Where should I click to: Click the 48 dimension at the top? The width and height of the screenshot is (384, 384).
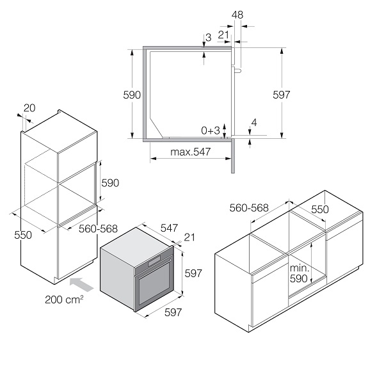pyautogui.click(x=237, y=15)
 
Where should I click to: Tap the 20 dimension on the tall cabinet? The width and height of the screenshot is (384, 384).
pyautogui.click(x=29, y=108)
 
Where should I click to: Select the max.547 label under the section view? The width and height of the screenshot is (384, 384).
pyautogui.click(x=191, y=152)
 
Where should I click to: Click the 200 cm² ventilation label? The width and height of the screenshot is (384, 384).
pyautogui.click(x=64, y=300)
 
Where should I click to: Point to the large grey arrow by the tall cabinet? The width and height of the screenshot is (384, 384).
pyautogui.click(x=81, y=284)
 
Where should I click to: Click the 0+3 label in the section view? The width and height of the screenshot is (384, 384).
pyautogui.click(x=211, y=131)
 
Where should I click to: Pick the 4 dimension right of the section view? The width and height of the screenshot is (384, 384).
pyautogui.click(x=254, y=122)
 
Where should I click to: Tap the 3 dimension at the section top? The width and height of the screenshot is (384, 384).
pyautogui.click(x=209, y=38)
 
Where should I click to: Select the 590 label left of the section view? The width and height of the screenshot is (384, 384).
pyautogui.click(x=132, y=95)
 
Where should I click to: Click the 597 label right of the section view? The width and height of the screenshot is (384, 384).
pyautogui.click(x=282, y=95)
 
